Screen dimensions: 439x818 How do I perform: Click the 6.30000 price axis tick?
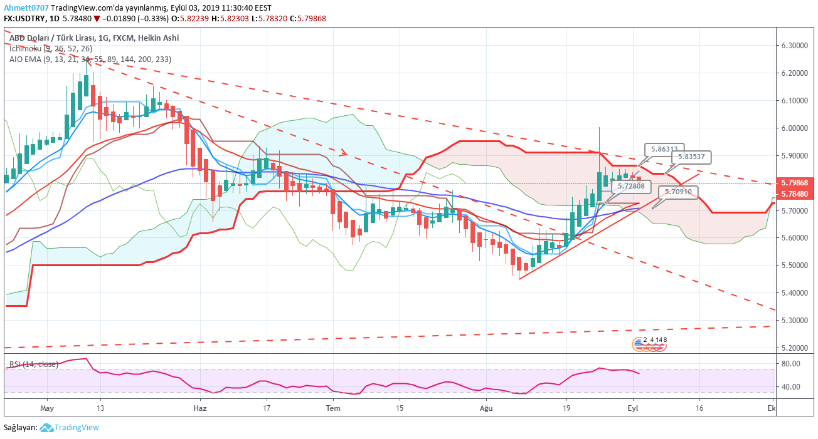click(794, 46)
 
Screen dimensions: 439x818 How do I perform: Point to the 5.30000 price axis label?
click(794, 320)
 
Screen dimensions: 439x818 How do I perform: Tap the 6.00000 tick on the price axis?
click(794, 128)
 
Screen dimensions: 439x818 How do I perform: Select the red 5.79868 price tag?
click(795, 182)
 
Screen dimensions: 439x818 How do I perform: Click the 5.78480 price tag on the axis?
click(795, 194)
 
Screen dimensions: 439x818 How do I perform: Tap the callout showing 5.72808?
click(630, 186)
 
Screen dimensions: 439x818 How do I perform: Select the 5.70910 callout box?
click(679, 192)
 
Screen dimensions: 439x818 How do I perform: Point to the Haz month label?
click(199, 407)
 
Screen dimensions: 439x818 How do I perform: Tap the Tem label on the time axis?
click(333, 407)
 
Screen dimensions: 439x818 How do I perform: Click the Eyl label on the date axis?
click(634, 407)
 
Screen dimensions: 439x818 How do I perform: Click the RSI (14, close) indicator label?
click(33, 364)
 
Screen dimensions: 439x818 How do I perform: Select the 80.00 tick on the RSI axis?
click(790, 364)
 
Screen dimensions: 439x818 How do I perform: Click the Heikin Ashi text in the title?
click(159, 38)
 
